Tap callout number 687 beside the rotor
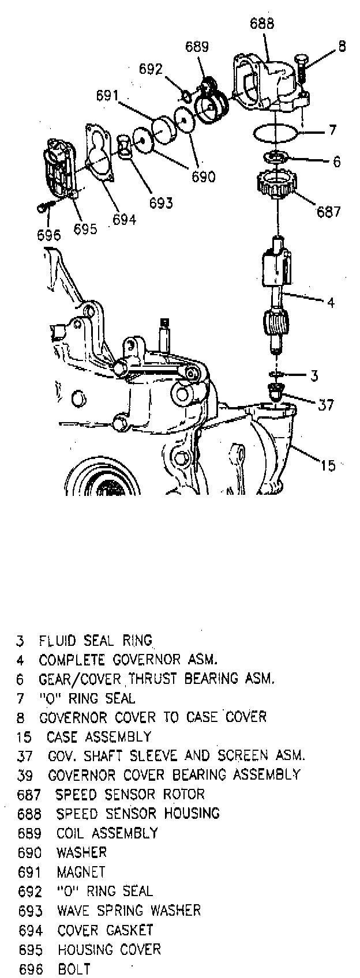click(x=328, y=211)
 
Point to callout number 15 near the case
click(x=327, y=465)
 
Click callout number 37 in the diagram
click(x=326, y=405)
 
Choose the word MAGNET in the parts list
click(x=81, y=871)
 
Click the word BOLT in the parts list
click(x=74, y=969)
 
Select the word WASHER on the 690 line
click(x=81, y=852)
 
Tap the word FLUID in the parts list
click(x=58, y=640)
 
